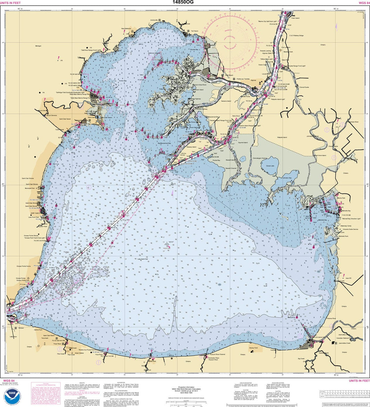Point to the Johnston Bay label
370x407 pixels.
click(287, 178)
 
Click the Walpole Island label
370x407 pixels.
click(282, 137)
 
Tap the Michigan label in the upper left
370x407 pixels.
click(38, 46)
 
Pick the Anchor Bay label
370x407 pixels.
click(123, 81)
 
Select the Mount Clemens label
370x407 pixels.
click(51, 115)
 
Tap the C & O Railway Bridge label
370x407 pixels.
click(296, 35)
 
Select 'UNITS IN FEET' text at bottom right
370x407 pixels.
click(359, 381)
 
